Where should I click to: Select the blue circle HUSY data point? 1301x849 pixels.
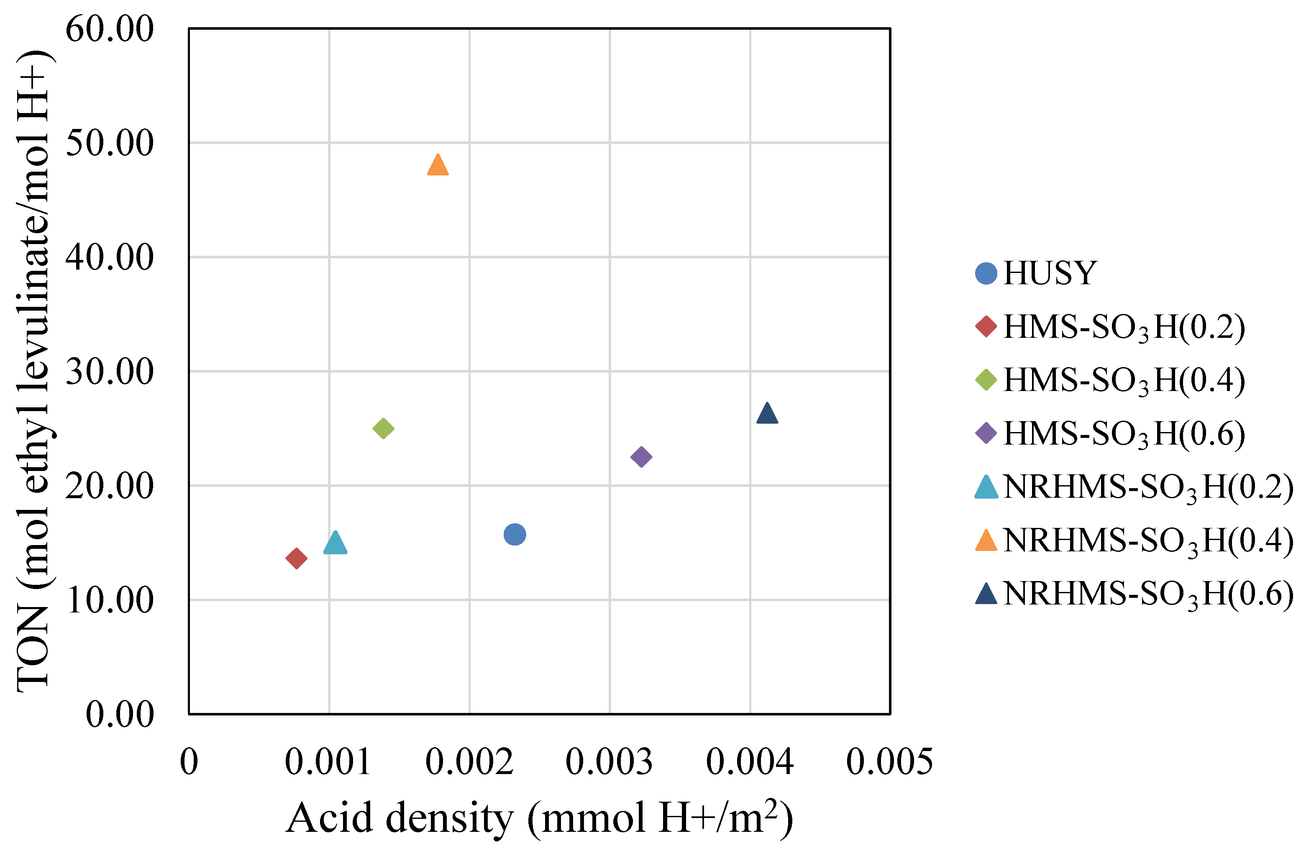click(515, 535)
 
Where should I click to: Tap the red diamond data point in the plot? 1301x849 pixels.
click(296, 558)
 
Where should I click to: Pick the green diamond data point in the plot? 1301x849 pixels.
click(383, 428)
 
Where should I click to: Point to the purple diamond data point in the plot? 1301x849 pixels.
click(641, 457)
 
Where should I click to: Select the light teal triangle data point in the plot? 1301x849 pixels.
click(335, 544)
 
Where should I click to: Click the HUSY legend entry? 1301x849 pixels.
click(1050, 273)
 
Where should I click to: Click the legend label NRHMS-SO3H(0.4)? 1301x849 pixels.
click(1148, 540)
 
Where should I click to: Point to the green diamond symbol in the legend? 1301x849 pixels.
click(986, 380)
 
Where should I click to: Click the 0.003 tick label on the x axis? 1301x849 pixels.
click(609, 762)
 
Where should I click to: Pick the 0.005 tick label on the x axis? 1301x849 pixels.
click(889, 762)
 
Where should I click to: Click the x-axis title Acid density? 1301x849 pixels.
click(539, 818)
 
